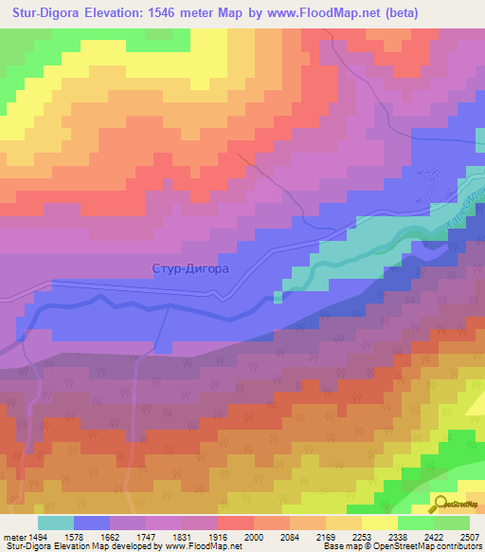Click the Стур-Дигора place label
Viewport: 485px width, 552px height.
tap(190, 268)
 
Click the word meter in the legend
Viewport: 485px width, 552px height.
tap(13, 536)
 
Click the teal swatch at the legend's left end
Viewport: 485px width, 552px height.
tap(56, 523)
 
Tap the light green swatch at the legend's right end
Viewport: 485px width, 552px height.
tap(452, 523)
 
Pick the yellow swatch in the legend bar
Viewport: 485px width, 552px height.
tap(380, 523)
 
